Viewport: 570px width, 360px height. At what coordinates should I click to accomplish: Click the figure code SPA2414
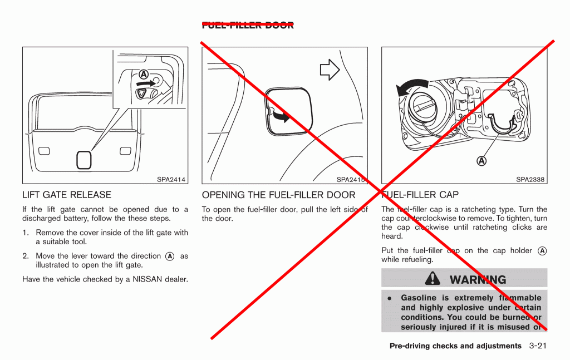coord(171,180)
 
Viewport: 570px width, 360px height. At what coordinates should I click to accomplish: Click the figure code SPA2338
coord(530,180)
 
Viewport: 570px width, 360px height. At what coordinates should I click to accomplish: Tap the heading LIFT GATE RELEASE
coord(67,195)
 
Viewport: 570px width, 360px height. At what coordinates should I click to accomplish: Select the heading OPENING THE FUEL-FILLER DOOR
coord(278,195)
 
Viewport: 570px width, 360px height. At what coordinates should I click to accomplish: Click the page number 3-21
coord(538,346)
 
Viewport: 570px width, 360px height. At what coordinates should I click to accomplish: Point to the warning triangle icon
coord(433,279)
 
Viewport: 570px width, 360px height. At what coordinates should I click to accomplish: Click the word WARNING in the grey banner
coord(478,279)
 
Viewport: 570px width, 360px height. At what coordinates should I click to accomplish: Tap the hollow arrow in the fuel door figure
coord(330,69)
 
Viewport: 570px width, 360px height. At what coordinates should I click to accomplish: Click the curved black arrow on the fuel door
coord(279,116)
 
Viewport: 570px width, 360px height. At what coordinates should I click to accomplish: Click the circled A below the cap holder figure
coord(481,161)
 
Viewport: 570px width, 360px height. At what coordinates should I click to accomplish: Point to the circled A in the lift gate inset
coord(143,74)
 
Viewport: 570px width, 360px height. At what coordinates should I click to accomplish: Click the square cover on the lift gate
coord(84,160)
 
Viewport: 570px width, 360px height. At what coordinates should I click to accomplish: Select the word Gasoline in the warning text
coord(419,298)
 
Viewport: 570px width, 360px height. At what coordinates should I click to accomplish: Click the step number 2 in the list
coord(26,256)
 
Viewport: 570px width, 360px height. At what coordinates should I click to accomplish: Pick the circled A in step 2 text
coord(170,256)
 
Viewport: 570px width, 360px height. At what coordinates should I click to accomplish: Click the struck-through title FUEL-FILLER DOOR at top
coord(248,25)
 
